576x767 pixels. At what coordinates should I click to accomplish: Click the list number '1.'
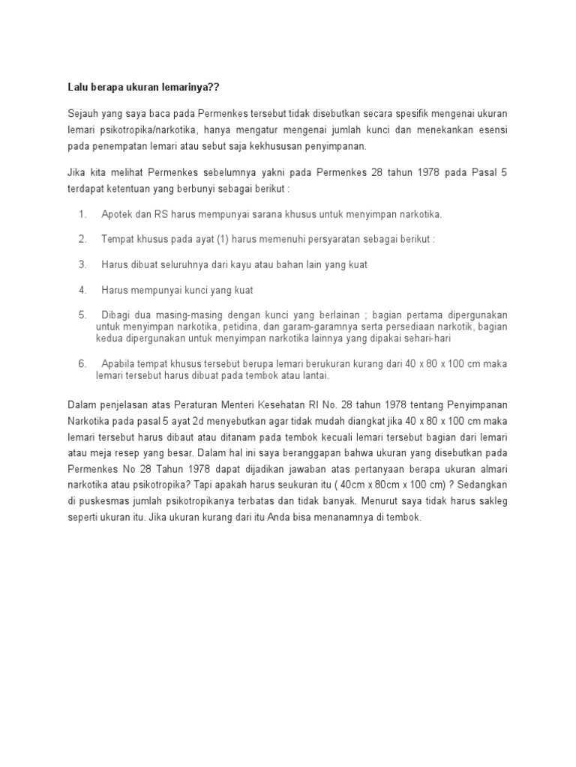pyautogui.click(x=82, y=214)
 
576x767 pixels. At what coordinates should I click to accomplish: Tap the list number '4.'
pyautogui.click(x=82, y=290)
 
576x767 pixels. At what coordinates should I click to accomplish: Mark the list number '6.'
pyautogui.click(x=82, y=364)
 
